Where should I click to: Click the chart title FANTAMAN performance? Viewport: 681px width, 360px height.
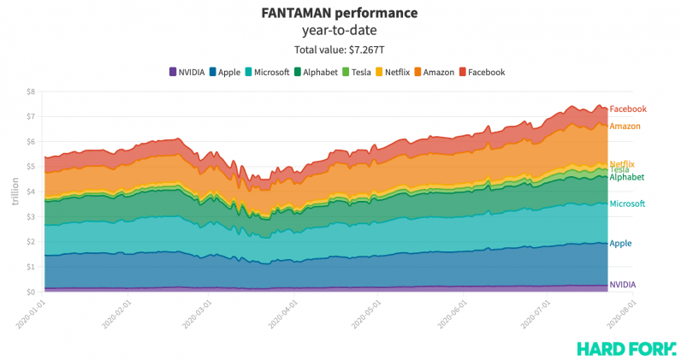coord(340,13)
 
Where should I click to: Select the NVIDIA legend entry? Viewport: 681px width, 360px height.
coord(187,72)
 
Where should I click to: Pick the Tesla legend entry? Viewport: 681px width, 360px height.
coord(356,72)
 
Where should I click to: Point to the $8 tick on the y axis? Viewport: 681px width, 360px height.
coord(30,91)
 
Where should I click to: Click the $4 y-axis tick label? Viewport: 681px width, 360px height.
coord(30,192)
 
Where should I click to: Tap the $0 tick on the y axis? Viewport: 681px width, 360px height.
coord(30,292)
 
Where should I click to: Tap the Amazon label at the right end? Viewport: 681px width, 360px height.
coord(625,127)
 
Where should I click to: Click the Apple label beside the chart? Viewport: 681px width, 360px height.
coord(620,243)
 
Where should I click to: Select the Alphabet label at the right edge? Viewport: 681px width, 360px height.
coord(626,178)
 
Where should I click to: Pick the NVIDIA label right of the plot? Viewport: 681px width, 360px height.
coord(622,285)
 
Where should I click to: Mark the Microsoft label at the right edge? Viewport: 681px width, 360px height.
coord(627,204)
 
